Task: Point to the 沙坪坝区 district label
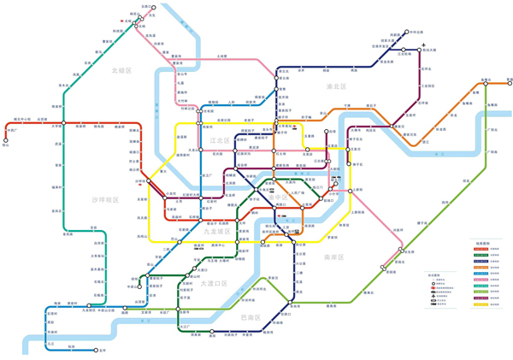pos(106,199)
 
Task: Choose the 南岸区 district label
pos(333,257)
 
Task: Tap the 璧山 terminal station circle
pos(6,139)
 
